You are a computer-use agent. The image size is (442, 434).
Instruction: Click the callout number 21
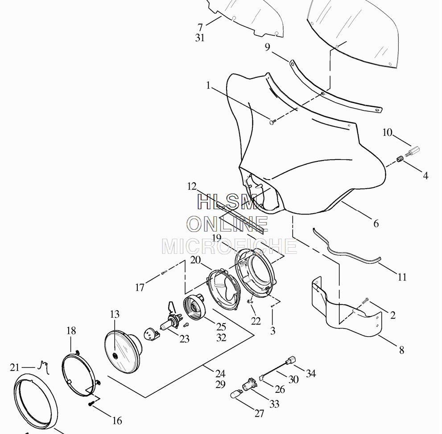[15, 367]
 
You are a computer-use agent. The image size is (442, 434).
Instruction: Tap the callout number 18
[71, 331]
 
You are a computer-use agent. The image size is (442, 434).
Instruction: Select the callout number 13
[115, 314]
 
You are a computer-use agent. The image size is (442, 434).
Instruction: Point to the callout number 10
[387, 132]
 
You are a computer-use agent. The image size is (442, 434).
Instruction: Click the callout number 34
[311, 374]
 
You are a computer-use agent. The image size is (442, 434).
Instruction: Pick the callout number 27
[259, 413]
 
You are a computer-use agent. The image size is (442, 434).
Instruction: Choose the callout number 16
[117, 421]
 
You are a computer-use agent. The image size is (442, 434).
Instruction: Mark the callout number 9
[268, 47]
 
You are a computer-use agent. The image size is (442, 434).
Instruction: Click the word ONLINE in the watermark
[227, 224]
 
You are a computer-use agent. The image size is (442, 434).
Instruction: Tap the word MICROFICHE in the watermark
[229, 246]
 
